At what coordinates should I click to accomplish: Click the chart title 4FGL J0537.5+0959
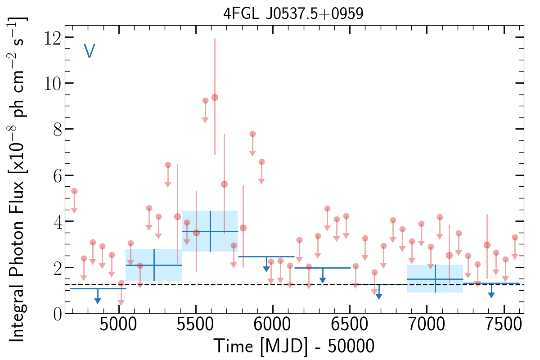tap(293, 13)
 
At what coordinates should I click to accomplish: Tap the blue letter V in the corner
tap(89, 51)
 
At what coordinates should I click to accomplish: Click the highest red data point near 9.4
tap(215, 97)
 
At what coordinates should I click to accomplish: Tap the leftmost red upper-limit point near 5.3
tap(74, 191)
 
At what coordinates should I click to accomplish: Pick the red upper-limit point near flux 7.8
tap(252, 134)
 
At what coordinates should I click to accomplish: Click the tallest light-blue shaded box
tap(210, 231)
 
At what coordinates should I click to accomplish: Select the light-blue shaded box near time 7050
tap(435, 279)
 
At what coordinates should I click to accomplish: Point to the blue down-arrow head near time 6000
tap(266, 269)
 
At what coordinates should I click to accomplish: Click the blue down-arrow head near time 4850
tap(98, 301)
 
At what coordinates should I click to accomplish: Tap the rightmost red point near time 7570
tap(515, 237)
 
